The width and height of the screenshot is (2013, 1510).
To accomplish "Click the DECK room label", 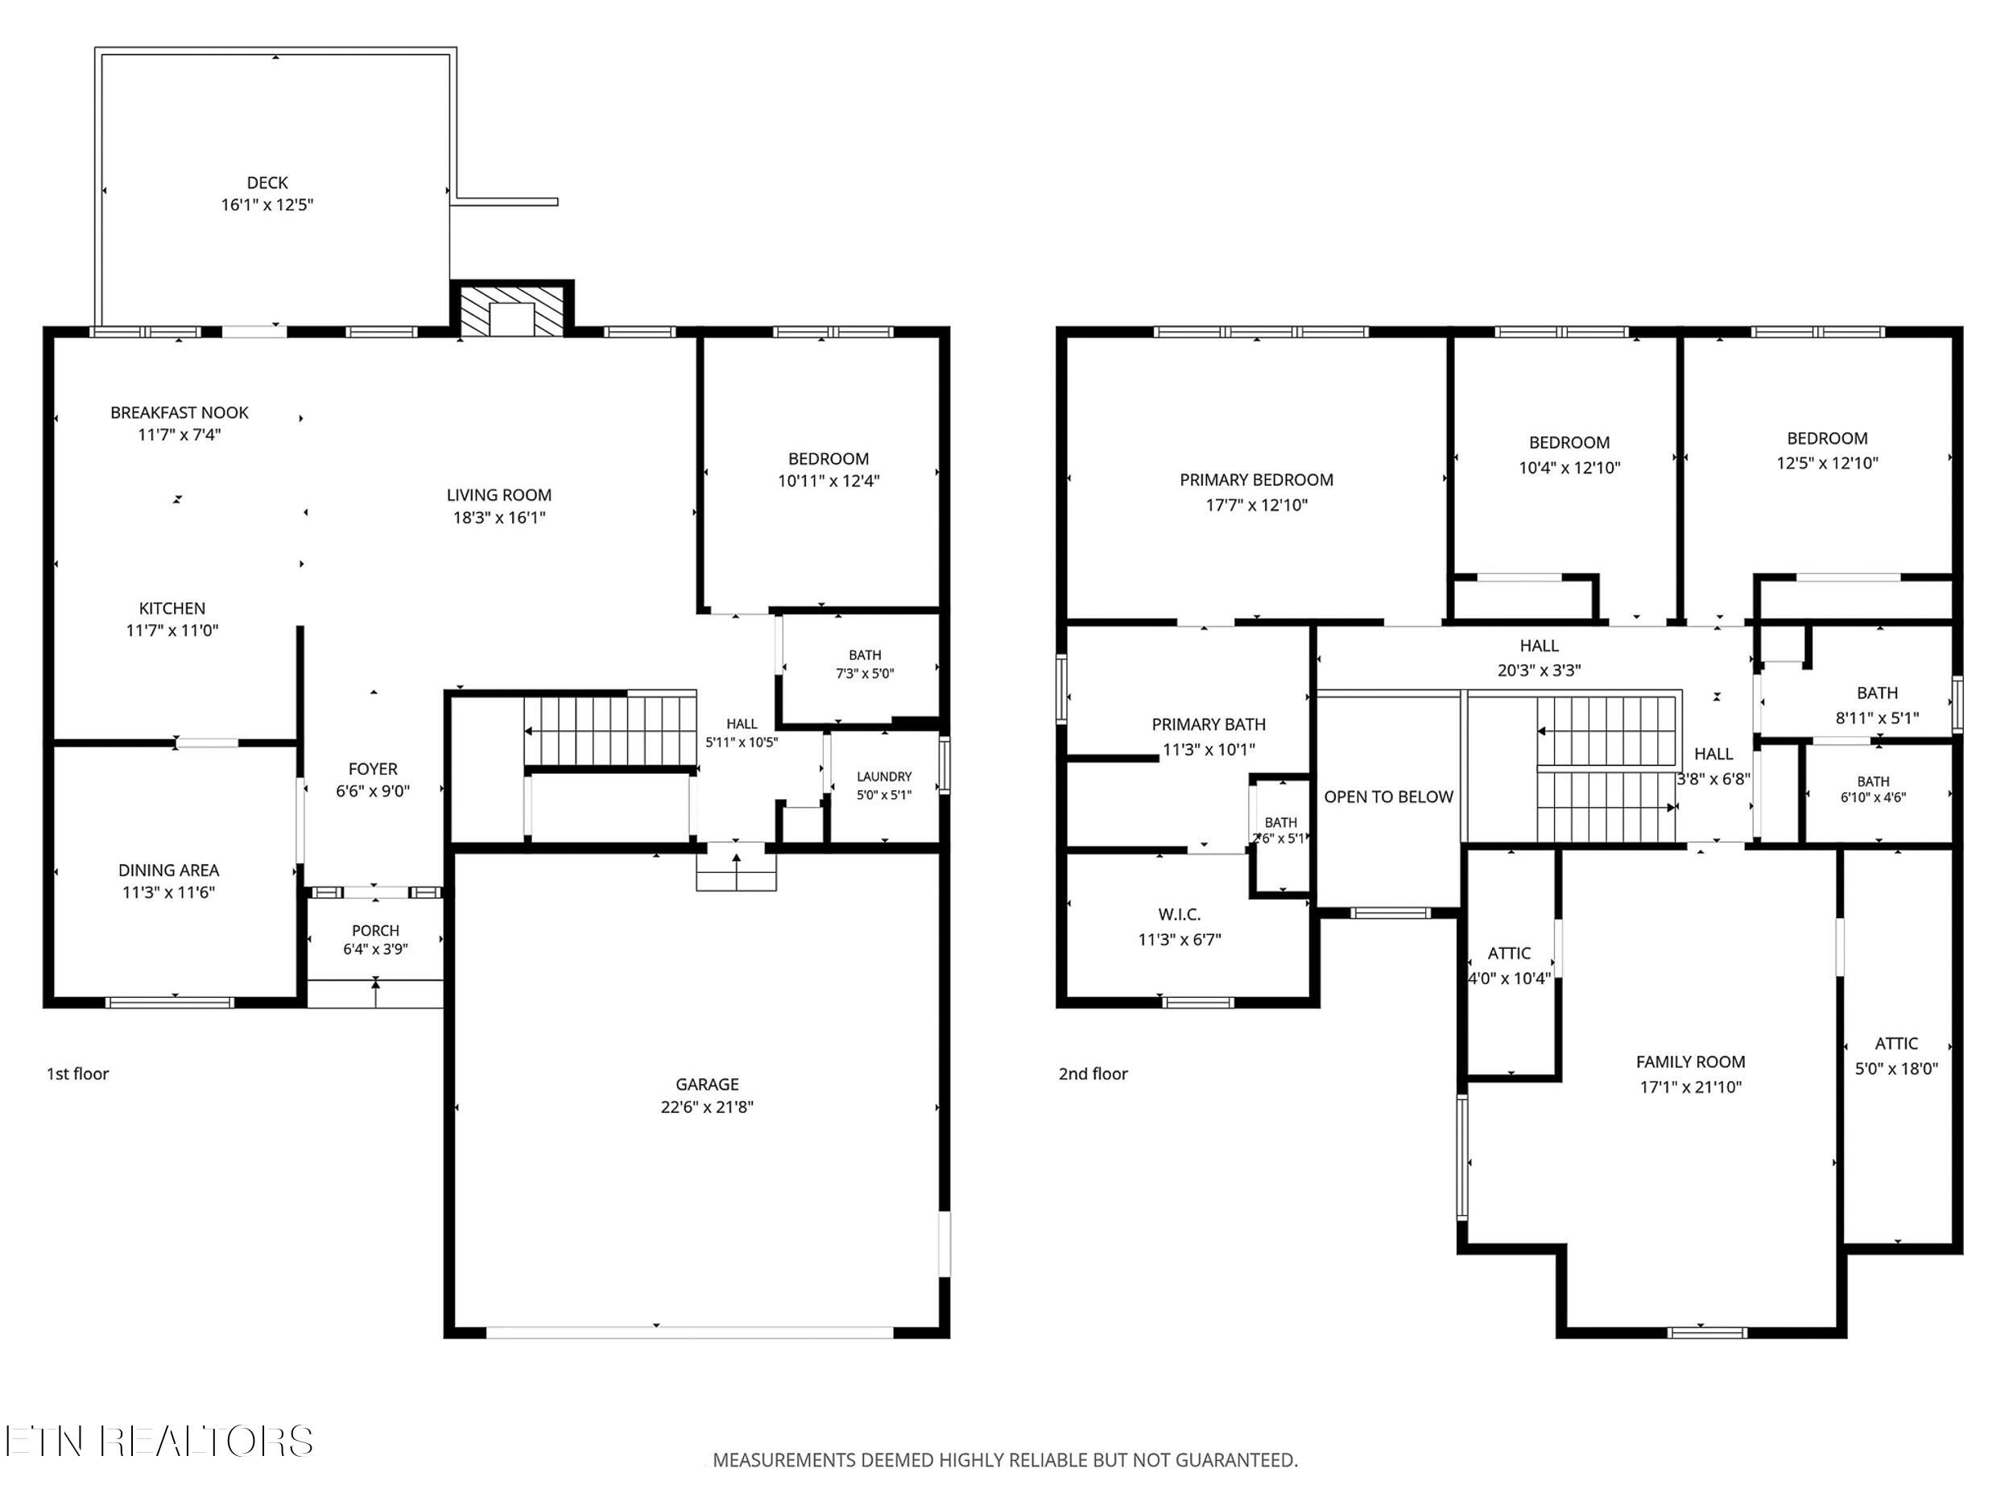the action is coord(267,183).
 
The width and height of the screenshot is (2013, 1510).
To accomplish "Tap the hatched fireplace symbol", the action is coord(512,310).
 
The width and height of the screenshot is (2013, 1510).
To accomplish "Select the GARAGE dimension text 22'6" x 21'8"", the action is coord(707,1107).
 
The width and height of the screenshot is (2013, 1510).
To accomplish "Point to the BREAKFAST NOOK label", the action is coord(180,412).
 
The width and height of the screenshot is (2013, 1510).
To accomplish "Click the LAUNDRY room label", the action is coord(883,776).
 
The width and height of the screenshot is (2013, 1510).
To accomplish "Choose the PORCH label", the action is coord(376,930).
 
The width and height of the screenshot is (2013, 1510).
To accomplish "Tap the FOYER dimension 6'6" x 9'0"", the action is coord(373,791).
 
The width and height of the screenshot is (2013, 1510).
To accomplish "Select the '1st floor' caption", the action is coord(77,1074).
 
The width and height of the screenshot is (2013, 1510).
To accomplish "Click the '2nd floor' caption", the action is coord(1093,1074).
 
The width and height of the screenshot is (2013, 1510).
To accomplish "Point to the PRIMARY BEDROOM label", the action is coord(1257,480).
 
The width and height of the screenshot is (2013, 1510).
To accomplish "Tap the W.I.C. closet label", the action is coord(1180,914).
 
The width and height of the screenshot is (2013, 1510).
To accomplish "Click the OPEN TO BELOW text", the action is coord(1389,796).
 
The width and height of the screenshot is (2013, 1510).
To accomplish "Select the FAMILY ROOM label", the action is coord(1691,1061).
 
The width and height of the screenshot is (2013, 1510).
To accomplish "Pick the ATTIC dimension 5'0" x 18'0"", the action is coord(1896,1069).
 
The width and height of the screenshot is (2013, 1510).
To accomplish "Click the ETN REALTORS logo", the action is coord(159,1441).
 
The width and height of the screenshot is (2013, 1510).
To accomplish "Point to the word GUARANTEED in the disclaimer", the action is coord(1237,1460).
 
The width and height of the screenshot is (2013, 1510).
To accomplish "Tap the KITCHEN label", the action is coord(172,608).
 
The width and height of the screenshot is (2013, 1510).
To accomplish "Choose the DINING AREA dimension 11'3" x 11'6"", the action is coord(168,892).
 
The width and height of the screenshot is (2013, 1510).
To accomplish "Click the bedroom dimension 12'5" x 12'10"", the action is coord(1827,462).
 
